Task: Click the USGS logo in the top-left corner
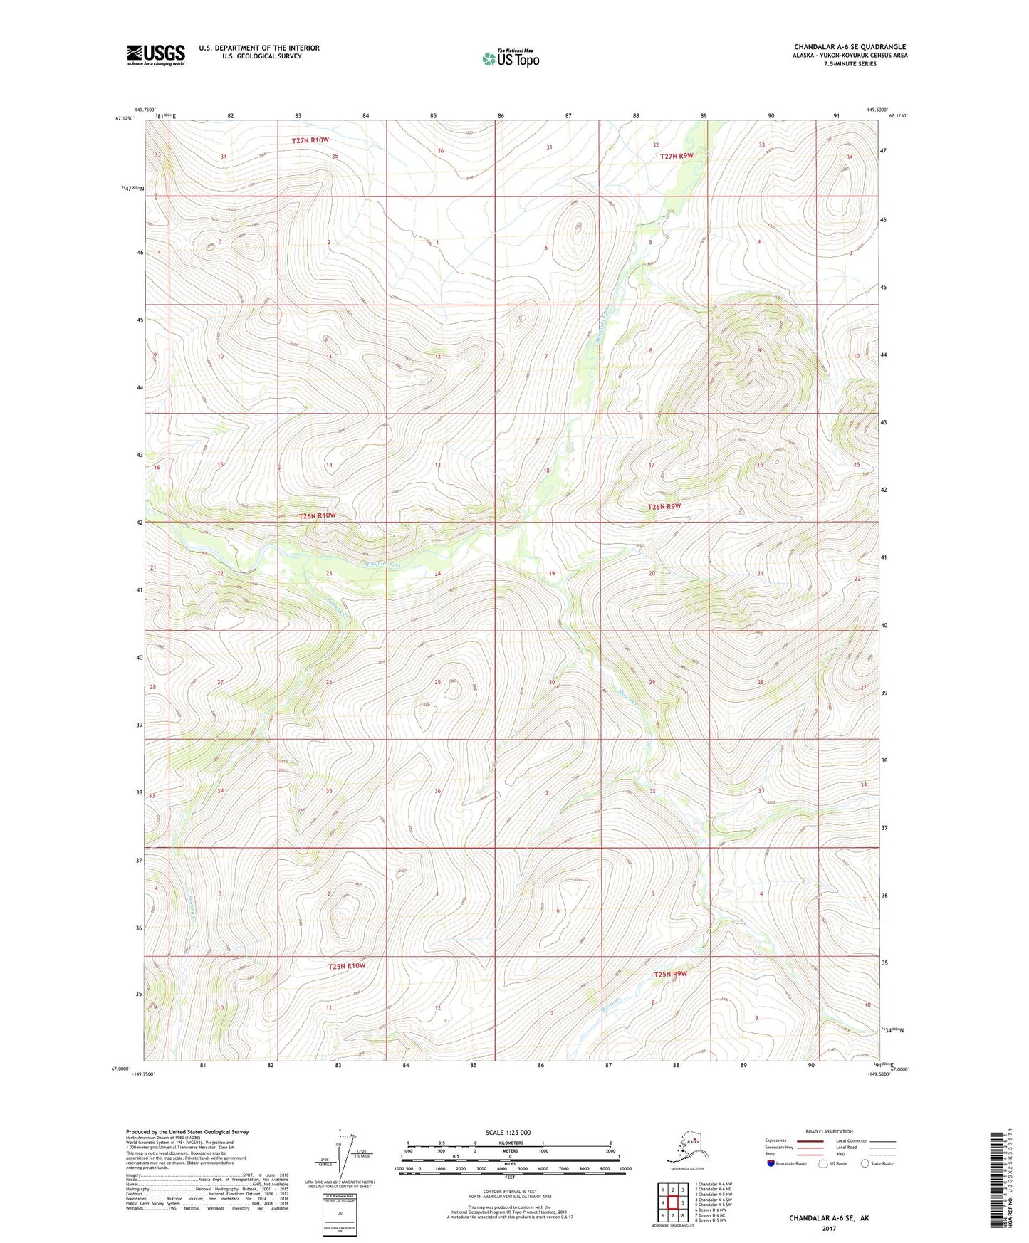pyautogui.click(x=155, y=55)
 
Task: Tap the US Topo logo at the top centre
pyautogui.click(x=510, y=58)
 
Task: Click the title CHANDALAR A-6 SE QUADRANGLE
pyautogui.click(x=850, y=47)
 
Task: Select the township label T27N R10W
pyautogui.click(x=310, y=140)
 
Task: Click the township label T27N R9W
pyautogui.click(x=676, y=156)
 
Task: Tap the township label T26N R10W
pyautogui.click(x=316, y=515)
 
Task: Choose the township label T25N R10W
pyautogui.click(x=346, y=966)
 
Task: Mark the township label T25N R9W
pyautogui.click(x=671, y=974)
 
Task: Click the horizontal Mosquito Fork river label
pyautogui.click(x=382, y=565)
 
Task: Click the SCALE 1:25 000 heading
pyautogui.click(x=508, y=1132)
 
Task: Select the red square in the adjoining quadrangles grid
pyautogui.click(x=672, y=1203)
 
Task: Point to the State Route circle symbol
pyautogui.click(x=865, y=1163)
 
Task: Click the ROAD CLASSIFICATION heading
pyautogui.click(x=828, y=1131)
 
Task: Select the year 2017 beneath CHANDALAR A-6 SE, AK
pyautogui.click(x=828, y=1228)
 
